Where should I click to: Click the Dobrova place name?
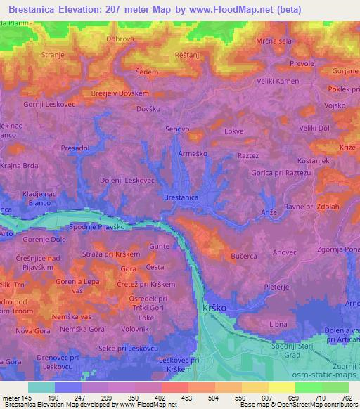120,39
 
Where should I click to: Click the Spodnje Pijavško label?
98,227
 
